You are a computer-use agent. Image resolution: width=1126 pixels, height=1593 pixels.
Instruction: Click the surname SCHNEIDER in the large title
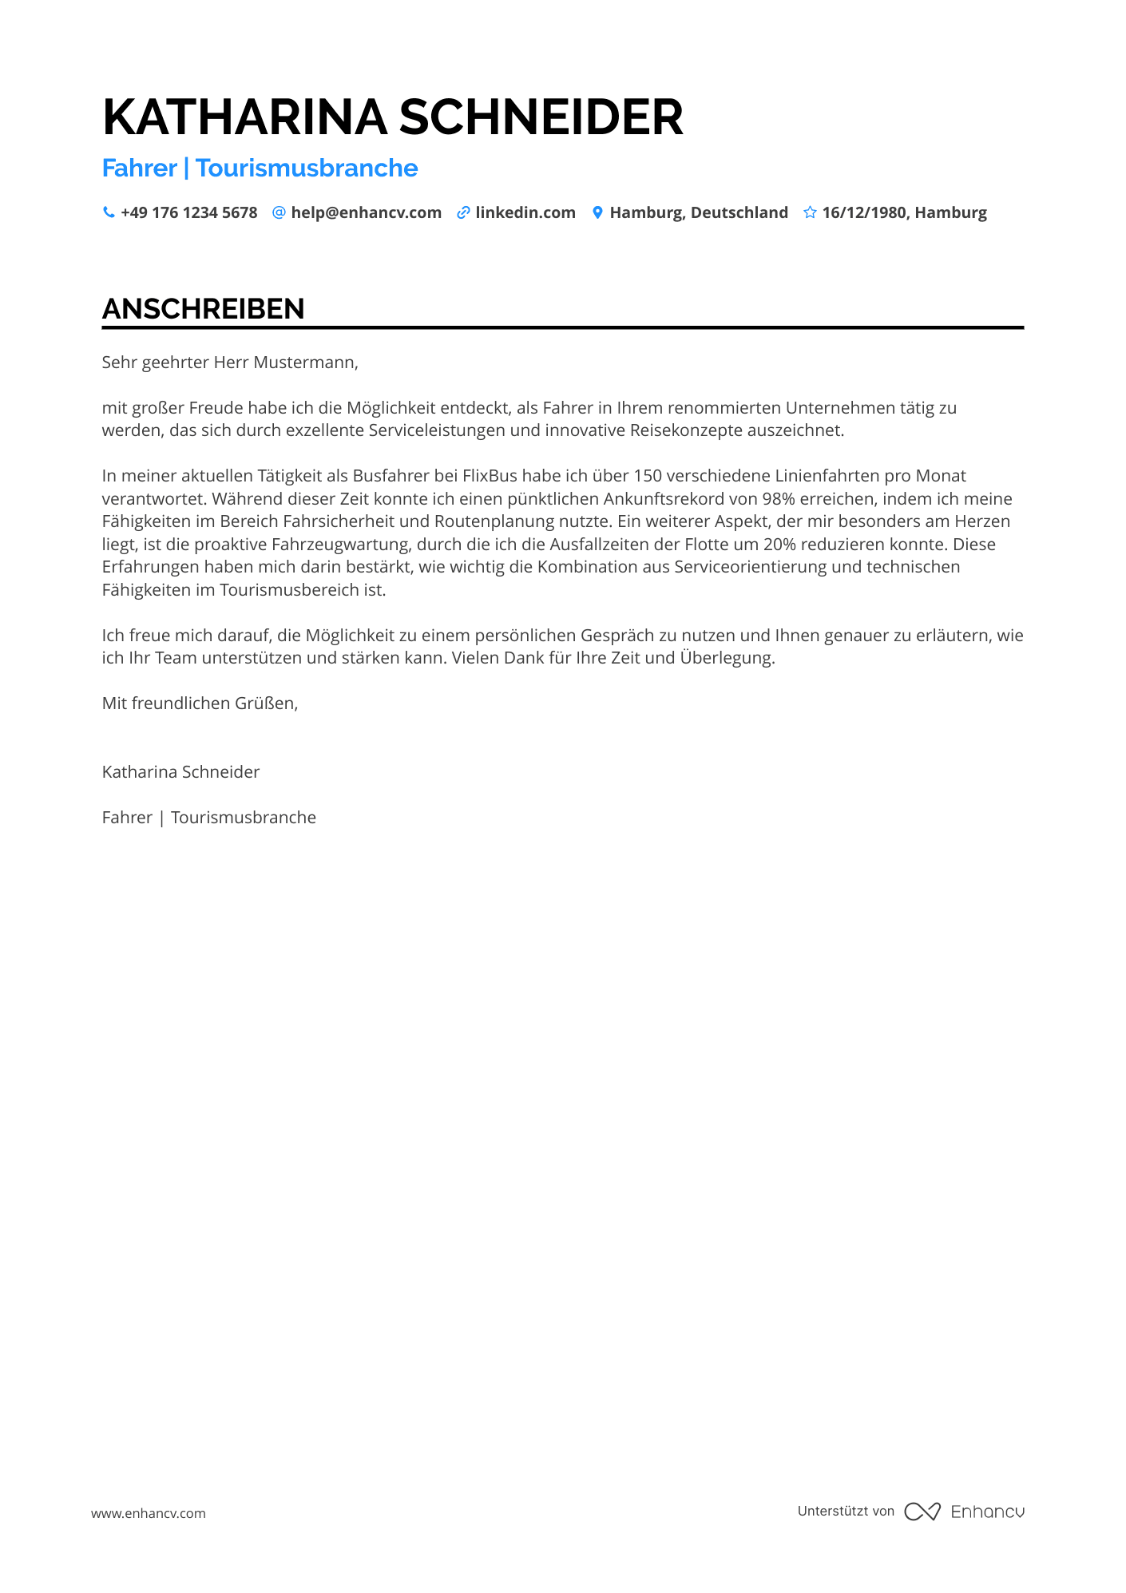[541, 117]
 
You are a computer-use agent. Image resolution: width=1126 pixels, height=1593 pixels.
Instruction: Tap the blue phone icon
[109, 212]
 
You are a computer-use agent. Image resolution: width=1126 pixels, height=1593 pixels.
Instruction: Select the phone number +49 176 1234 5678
[189, 212]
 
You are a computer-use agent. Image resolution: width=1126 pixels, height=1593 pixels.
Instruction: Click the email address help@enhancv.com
[366, 212]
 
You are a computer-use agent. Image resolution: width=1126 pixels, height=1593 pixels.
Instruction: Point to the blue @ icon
[279, 212]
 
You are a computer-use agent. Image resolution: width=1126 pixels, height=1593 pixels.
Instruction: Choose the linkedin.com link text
[525, 212]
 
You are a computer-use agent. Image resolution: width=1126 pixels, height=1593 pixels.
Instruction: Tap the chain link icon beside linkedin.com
[463, 212]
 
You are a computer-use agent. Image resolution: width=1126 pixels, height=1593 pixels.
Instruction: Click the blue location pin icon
[597, 212]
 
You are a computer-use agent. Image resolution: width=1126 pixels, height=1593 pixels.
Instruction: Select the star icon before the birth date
[810, 212]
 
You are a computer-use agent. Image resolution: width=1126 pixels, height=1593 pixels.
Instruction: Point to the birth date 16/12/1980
[864, 212]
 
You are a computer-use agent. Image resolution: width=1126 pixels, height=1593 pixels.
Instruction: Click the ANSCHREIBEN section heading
[204, 309]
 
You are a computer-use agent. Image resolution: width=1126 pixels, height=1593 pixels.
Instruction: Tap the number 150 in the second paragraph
[647, 476]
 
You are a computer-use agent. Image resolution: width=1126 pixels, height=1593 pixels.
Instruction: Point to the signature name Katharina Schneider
[180, 772]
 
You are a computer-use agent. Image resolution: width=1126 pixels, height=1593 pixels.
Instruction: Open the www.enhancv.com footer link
[149, 1513]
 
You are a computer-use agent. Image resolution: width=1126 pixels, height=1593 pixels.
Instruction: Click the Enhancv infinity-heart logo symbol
[922, 1512]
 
